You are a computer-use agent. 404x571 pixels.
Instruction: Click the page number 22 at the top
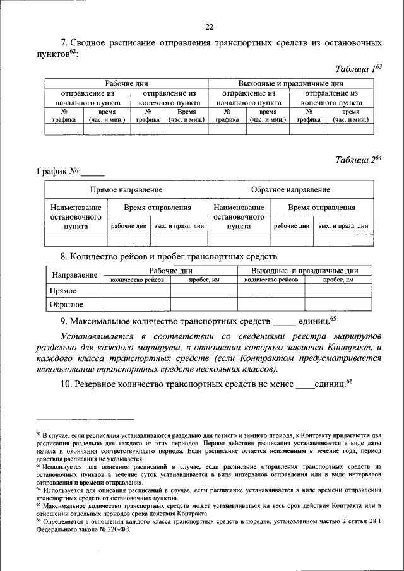[x=210, y=26]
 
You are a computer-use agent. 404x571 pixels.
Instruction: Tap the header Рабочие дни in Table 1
[x=126, y=83]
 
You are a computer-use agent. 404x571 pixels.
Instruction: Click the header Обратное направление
[x=290, y=189]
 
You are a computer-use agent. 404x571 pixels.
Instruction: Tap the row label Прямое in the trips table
[x=63, y=291]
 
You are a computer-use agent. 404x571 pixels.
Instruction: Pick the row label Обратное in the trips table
[x=66, y=305]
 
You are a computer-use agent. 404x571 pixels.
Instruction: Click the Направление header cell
[x=74, y=274]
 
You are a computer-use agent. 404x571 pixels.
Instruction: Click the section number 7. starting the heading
[x=64, y=43]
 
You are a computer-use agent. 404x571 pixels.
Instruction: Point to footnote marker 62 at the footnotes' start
[x=38, y=435]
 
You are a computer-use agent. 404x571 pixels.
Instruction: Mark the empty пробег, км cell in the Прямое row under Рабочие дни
[x=204, y=291]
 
